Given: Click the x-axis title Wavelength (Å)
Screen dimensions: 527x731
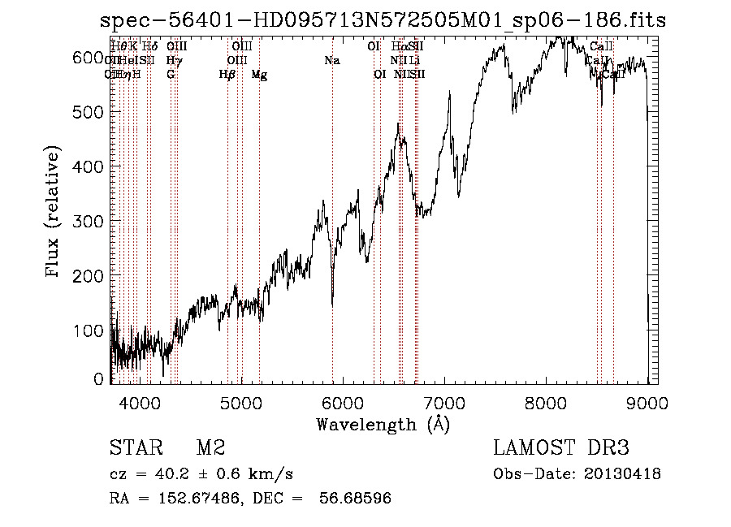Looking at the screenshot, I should [383, 424].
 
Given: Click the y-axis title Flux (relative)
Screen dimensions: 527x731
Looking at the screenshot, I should [54, 214].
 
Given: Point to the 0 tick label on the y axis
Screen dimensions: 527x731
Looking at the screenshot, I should [99, 379].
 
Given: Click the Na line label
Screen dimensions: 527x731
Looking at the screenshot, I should [331, 61].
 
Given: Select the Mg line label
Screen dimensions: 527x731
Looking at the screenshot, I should [259, 75].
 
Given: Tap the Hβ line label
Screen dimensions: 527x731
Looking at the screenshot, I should [227, 75].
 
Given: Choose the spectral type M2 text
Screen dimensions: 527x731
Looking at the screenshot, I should [210, 449].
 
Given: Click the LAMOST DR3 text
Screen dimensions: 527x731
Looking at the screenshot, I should [560, 449].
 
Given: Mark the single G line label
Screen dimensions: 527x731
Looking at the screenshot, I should [171, 75].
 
